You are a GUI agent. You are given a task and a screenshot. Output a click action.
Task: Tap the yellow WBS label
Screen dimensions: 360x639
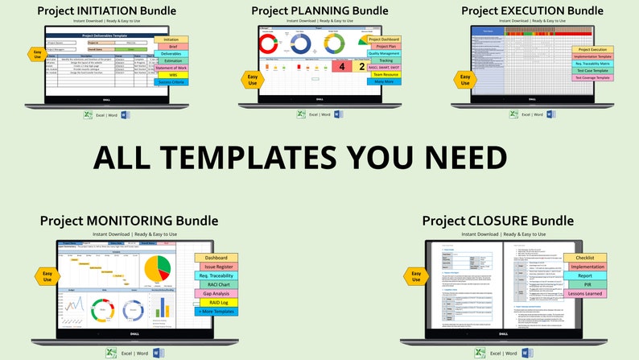point(171,74)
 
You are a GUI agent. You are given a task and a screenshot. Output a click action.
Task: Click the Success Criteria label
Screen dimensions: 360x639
point(171,83)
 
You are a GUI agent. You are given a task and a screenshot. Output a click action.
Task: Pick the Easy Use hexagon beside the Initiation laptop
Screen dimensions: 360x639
point(36,55)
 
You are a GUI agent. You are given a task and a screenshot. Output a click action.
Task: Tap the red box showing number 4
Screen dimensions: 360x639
point(341,67)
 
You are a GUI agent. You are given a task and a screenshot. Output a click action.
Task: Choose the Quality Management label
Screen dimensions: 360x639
point(385,53)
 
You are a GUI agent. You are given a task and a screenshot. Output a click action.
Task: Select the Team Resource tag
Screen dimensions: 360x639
point(385,74)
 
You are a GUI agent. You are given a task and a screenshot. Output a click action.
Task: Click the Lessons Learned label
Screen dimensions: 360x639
point(587,294)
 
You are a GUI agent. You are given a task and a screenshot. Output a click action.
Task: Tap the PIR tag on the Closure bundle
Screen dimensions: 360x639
point(587,284)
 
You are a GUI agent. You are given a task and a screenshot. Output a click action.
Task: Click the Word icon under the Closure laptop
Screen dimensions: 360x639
point(526,354)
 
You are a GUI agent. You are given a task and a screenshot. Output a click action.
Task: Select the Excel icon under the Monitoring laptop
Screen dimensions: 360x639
point(111,354)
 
